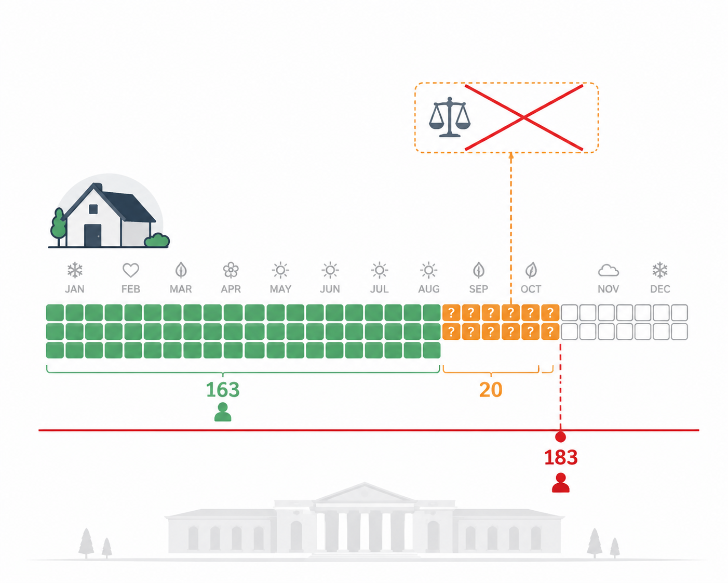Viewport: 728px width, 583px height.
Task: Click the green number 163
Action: tap(223, 390)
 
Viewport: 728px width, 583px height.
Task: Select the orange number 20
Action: tap(491, 390)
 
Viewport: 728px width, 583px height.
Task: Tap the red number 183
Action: tap(561, 457)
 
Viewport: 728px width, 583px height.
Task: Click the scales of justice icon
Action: tap(450, 117)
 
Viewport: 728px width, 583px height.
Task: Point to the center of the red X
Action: tap(524, 117)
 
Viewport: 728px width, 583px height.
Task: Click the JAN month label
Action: tap(75, 289)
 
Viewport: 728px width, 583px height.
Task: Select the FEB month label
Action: tap(130, 289)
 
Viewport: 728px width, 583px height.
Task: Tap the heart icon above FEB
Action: tap(130, 270)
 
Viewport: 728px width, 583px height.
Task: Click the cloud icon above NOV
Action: tap(608, 271)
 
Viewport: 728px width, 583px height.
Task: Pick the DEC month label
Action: tap(660, 289)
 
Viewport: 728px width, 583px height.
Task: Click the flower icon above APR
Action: tap(231, 270)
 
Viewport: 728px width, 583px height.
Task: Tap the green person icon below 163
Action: tap(223, 412)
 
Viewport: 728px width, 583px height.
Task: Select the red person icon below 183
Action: tap(561, 482)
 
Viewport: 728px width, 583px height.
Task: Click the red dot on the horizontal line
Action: tap(561, 437)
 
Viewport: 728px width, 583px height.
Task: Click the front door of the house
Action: tap(93, 235)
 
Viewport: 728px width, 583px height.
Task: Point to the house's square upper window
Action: tap(93, 209)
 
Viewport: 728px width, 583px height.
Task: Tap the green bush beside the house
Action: tap(157, 240)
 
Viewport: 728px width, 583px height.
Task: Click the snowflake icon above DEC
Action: tap(660, 270)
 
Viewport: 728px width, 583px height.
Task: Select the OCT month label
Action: tap(531, 289)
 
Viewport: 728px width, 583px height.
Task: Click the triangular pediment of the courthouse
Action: tap(365, 493)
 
